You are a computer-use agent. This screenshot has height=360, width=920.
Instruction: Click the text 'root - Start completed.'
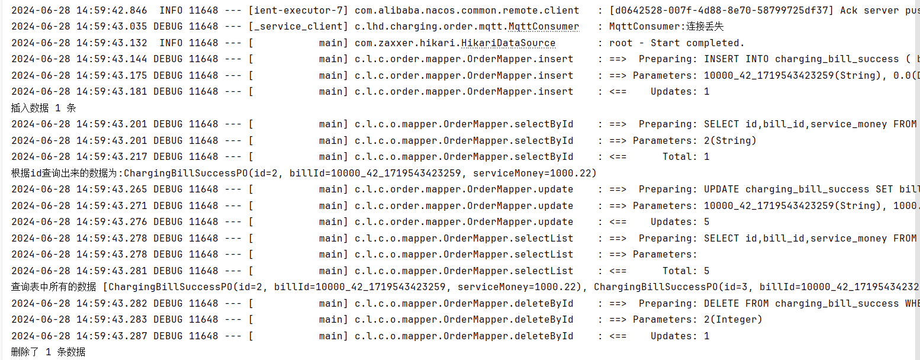click(x=677, y=43)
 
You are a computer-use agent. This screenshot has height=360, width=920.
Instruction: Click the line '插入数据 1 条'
click(x=43, y=108)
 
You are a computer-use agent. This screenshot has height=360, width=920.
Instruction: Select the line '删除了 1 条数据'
click(x=48, y=352)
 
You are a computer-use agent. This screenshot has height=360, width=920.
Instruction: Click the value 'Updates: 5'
click(x=680, y=221)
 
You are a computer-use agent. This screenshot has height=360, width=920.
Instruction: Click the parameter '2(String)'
click(x=730, y=140)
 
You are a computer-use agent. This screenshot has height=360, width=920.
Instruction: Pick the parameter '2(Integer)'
click(x=733, y=319)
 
